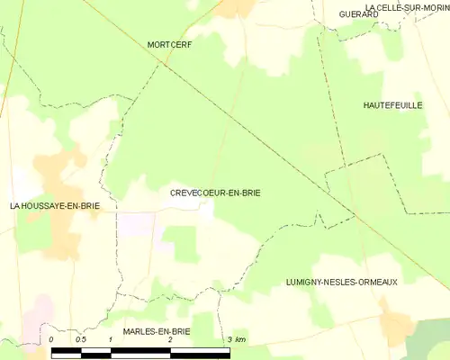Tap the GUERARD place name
click(x=357, y=14)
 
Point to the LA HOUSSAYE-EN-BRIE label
click(x=54, y=206)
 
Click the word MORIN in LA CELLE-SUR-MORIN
click(x=431, y=5)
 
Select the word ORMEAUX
click(x=375, y=282)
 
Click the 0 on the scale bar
click(x=52, y=339)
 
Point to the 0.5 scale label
click(x=81, y=339)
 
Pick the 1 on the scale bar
click(x=110, y=339)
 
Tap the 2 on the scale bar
click(x=169, y=339)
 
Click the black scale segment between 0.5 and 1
click(x=96, y=350)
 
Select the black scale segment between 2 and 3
click(x=200, y=350)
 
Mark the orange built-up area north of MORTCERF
click(x=239, y=7)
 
